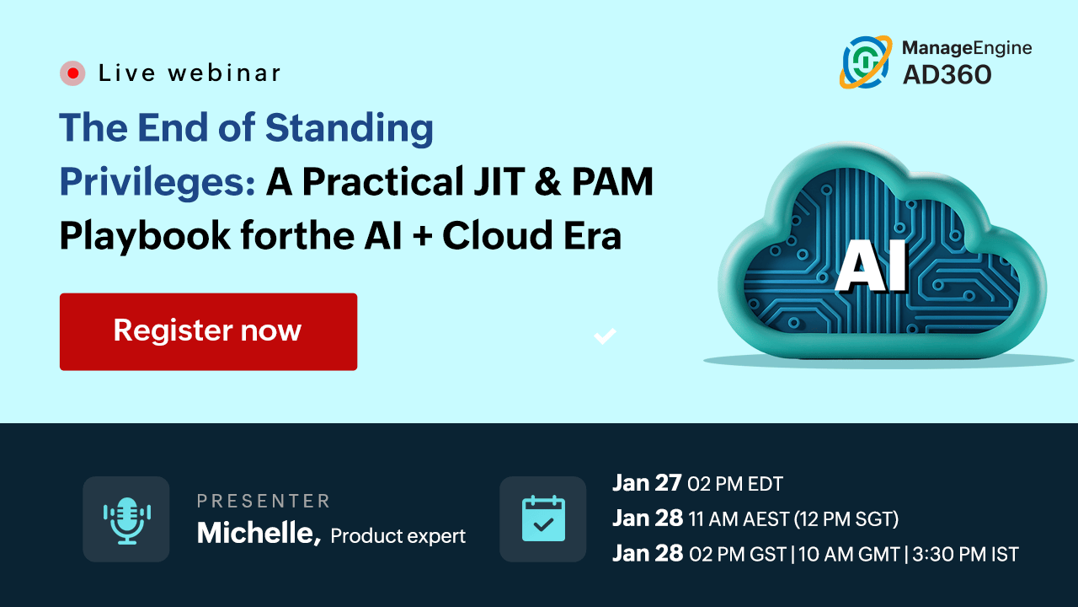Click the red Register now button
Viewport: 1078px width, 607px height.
[208, 331]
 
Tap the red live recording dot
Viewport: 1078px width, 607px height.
[72, 73]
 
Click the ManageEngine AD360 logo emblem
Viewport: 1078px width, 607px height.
[866, 62]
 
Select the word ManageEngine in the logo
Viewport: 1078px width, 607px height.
[967, 48]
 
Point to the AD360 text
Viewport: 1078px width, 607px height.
[947, 75]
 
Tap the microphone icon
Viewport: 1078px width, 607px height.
[126, 520]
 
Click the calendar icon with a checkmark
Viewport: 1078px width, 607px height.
[543, 518]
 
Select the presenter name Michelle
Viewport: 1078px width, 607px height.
[259, 534]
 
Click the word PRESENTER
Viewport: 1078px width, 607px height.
[264, 501]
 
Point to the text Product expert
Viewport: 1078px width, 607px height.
[398, 536]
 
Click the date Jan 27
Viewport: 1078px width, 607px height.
[647, 483]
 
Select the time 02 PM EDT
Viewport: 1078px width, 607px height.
[735, 484]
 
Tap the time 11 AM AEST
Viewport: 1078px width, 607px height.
[739, 519]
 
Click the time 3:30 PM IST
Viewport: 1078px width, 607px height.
[965, 555]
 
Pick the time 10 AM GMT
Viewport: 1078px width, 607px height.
[849, 555]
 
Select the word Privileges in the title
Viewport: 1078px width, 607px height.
[157, 183]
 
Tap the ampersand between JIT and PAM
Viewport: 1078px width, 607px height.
[547, 182]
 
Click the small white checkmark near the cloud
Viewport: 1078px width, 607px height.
[605, 336]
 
